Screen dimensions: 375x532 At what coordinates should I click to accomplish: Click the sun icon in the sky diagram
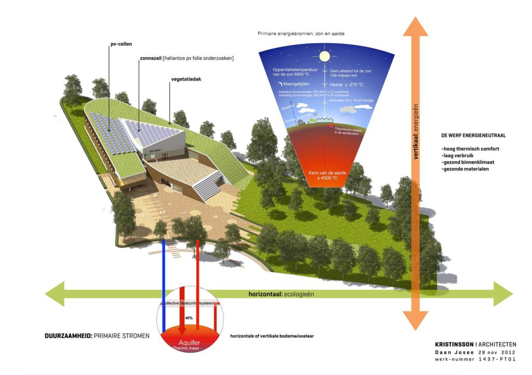point(325,55)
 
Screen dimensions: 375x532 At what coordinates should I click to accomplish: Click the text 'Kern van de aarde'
point(324,172)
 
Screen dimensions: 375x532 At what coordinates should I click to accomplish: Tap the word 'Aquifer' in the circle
point(189,343)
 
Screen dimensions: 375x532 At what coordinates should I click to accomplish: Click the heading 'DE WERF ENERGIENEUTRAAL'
point(473,135)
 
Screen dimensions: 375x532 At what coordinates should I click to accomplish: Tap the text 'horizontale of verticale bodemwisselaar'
point(272,336)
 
